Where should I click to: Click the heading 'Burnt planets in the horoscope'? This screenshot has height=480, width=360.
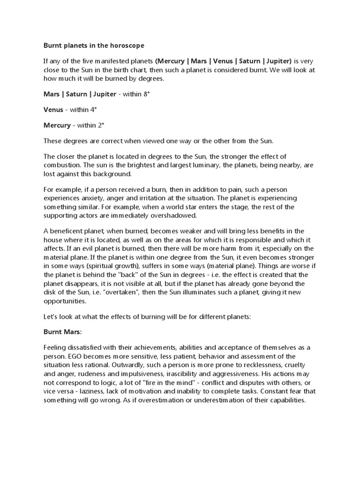click(x=94, y=45)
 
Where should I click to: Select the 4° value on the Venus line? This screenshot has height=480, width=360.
click(x=93, y=110)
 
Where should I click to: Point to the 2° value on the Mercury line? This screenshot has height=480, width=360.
click(x=100, y=125)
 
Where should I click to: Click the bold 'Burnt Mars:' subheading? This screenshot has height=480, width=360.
click(x=62, y=332)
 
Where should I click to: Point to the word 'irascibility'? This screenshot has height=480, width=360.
click(x=182, y=374)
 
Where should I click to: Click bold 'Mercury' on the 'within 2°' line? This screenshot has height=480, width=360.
click(x=56, y=125)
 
